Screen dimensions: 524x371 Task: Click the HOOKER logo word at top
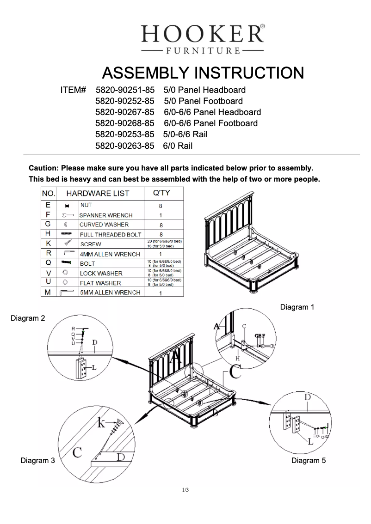coord(203,34)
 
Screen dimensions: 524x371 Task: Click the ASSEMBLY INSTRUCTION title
coord(203,73)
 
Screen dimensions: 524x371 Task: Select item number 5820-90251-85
coord(124,90)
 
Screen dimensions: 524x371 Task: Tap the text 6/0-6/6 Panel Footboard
coord(210,123)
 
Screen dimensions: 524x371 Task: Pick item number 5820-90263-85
coord(124,146)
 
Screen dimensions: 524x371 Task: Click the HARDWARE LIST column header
coord(98,193)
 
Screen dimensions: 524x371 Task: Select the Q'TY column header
coord(161,193)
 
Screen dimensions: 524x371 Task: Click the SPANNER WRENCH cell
coord(106,215)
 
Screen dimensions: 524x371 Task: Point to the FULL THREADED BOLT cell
coord(110,235)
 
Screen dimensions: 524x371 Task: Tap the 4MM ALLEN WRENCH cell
coord(110,254)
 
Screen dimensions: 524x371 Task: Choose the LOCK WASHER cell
coord(101,274)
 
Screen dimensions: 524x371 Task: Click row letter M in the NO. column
coord(48,292)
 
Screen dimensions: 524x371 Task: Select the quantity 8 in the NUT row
coord(161,206)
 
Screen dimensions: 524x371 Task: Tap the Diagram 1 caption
coord(297,307)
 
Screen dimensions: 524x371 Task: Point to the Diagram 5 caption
coord(309,460)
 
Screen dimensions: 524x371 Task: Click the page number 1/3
coord(185,490)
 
